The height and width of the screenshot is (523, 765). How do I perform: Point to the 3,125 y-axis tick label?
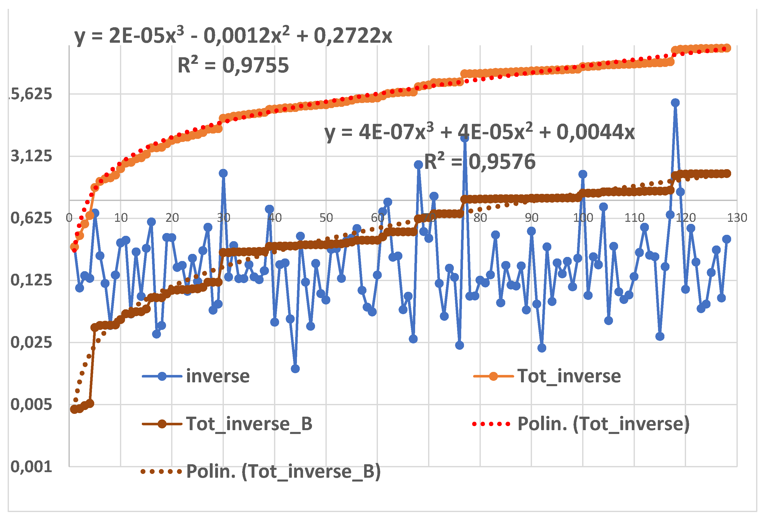pos(31,156)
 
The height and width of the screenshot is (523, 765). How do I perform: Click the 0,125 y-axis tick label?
pos(31,280)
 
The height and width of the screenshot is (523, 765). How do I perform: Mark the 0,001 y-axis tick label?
pos(31,467)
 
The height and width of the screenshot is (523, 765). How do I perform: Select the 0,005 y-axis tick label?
pos(31,404)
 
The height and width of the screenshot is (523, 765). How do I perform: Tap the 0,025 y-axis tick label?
pos(31,343)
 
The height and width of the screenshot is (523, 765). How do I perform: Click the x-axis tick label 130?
pos(737,217)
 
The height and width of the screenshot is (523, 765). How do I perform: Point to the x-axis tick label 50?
pos(326,217)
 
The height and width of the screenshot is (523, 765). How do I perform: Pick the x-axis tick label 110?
pos(634,217)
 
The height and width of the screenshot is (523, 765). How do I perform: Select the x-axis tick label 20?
pos(172,217)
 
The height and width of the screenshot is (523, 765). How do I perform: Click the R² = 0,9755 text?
pos(233,65)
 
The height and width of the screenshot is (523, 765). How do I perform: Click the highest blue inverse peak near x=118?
pos(675,103)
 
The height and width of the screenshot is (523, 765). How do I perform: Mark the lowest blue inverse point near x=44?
pos(295,369)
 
